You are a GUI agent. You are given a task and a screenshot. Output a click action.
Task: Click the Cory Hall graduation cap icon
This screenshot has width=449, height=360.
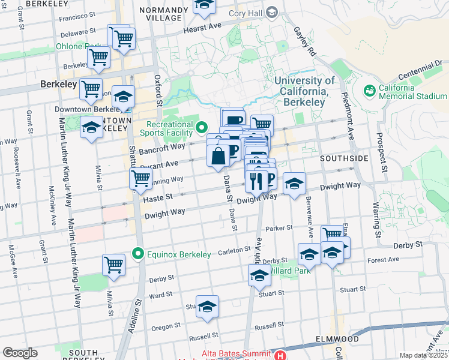(x=271, y=12)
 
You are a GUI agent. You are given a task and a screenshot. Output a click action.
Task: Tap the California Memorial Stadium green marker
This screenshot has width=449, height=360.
(x=369, y=91)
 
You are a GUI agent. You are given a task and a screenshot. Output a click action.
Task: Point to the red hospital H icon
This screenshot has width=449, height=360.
(x=279, y=355)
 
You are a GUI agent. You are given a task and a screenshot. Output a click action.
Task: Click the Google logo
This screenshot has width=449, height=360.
(x=20, y=353)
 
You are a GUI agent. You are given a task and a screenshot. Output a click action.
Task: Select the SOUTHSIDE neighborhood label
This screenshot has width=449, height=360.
(x=344, y=158)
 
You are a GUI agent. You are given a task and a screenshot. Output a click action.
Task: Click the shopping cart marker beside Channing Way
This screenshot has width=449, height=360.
(x=140, y=178)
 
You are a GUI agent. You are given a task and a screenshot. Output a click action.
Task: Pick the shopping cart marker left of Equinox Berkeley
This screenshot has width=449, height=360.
(x=113, y=264)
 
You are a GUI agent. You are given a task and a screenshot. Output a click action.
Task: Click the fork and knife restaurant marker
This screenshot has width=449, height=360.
(x=256, y=179)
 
